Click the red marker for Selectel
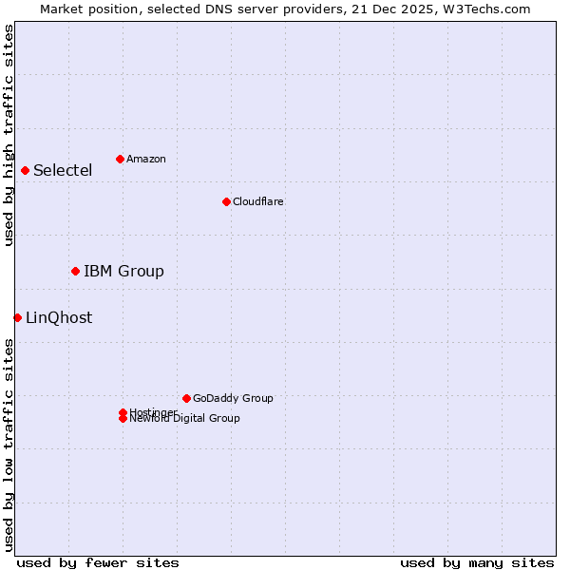point(25,170)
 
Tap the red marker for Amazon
point(120,159)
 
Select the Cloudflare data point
point(226,201)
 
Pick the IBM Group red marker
point(75,271)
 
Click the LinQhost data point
point(17,317)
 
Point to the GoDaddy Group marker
point(186,398)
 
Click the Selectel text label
point(63,171)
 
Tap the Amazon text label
point(145,159)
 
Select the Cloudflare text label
point(257,201)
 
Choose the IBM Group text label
point(123,272)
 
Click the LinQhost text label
point(59,318)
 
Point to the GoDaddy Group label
point(233,398)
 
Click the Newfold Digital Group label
point(184,419)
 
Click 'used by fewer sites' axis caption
point(98,562)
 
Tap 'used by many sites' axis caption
point(477,562)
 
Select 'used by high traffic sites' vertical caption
point(9,135)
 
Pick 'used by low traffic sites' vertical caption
point(9,445)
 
